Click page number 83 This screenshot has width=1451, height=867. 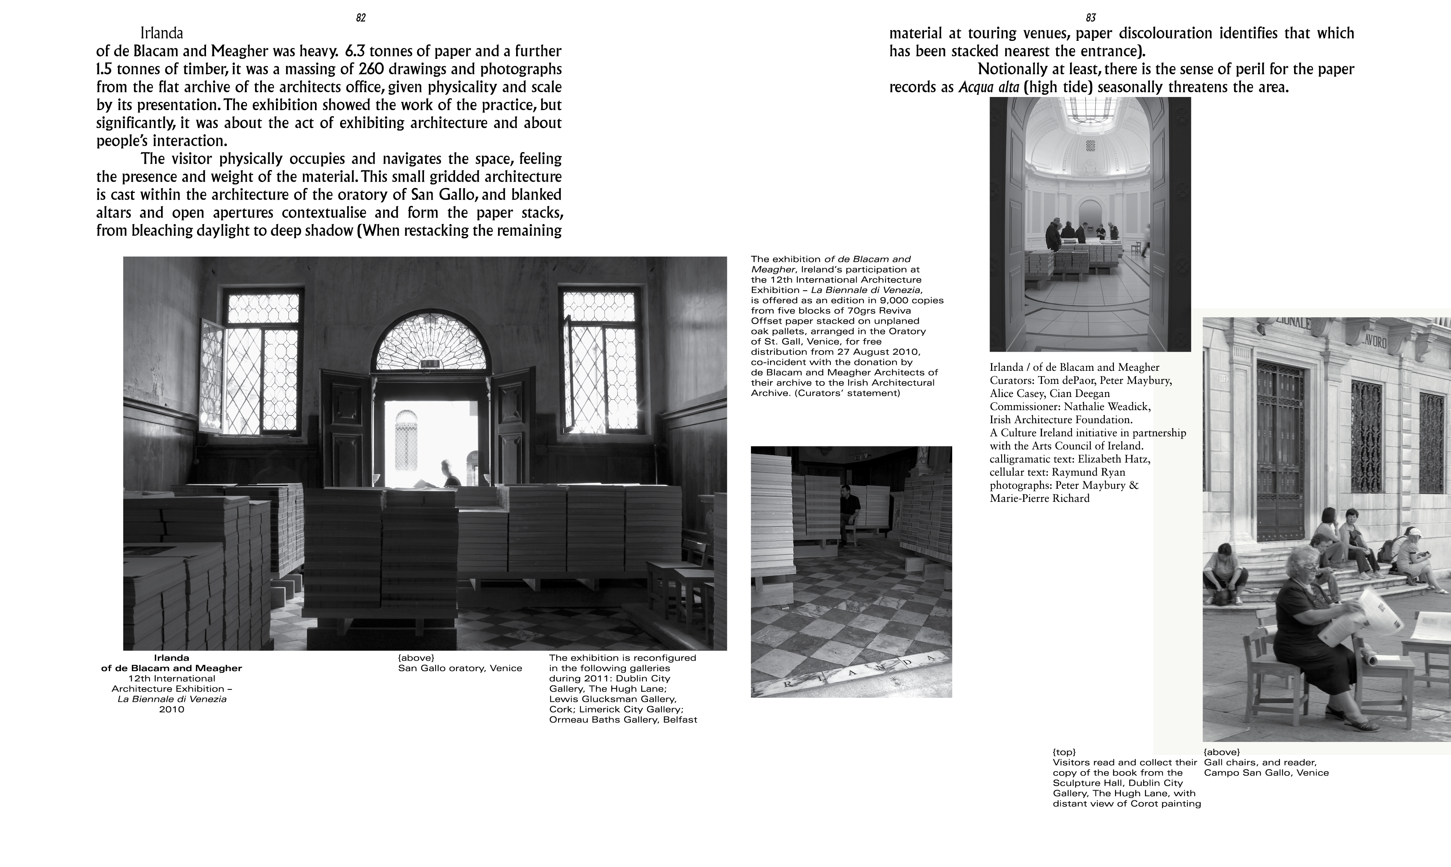(1091, 18)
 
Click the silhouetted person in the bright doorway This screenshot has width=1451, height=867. (449, 473)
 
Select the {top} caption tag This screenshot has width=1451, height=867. (1064, 752)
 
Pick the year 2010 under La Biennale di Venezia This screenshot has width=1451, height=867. (172, 709)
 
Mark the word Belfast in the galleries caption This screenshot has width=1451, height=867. (680, 720)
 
